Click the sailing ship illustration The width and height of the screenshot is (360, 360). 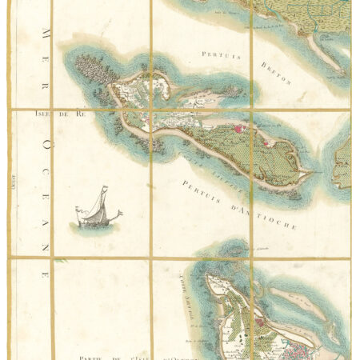pyautogui.click(x=97, y=209)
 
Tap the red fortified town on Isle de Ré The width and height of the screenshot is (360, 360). pyautogui.click(x=243, y=126)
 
